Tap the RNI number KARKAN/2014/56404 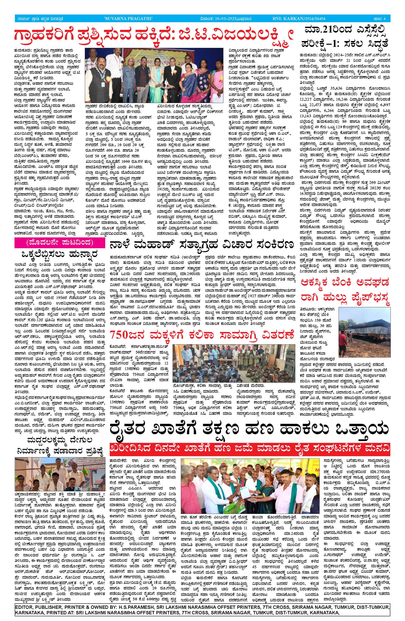click(305, 18)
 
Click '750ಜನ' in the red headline click(122, 335)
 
